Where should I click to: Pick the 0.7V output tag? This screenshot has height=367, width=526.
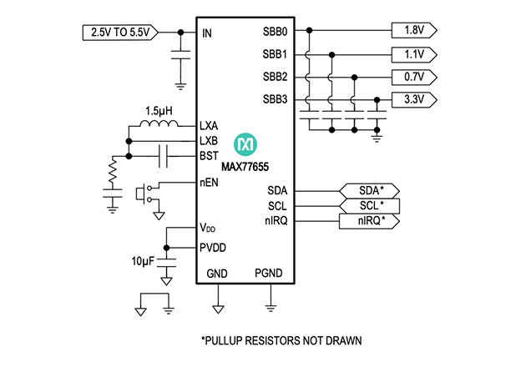click(413, 78)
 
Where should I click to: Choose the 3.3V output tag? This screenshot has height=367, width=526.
click(413, 100)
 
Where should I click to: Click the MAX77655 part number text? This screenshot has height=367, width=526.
click(245, 166)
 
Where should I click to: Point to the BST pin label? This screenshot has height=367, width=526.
click(210, 155)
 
